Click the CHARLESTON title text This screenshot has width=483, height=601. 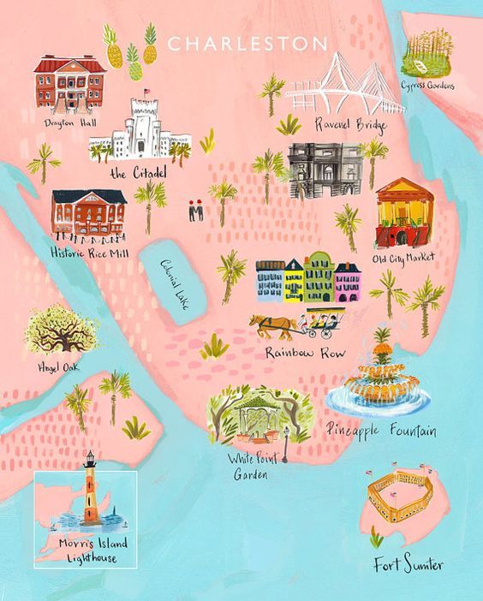click(x=247, y=44)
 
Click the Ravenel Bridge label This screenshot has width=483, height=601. click(x=351, y=126)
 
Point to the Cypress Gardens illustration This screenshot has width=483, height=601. click(x=427, y=53)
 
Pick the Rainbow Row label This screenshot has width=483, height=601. click(x=297, y=352)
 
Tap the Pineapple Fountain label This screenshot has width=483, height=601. click(x=382, y=430)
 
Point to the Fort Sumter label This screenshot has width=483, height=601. click(x=408, y=565)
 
